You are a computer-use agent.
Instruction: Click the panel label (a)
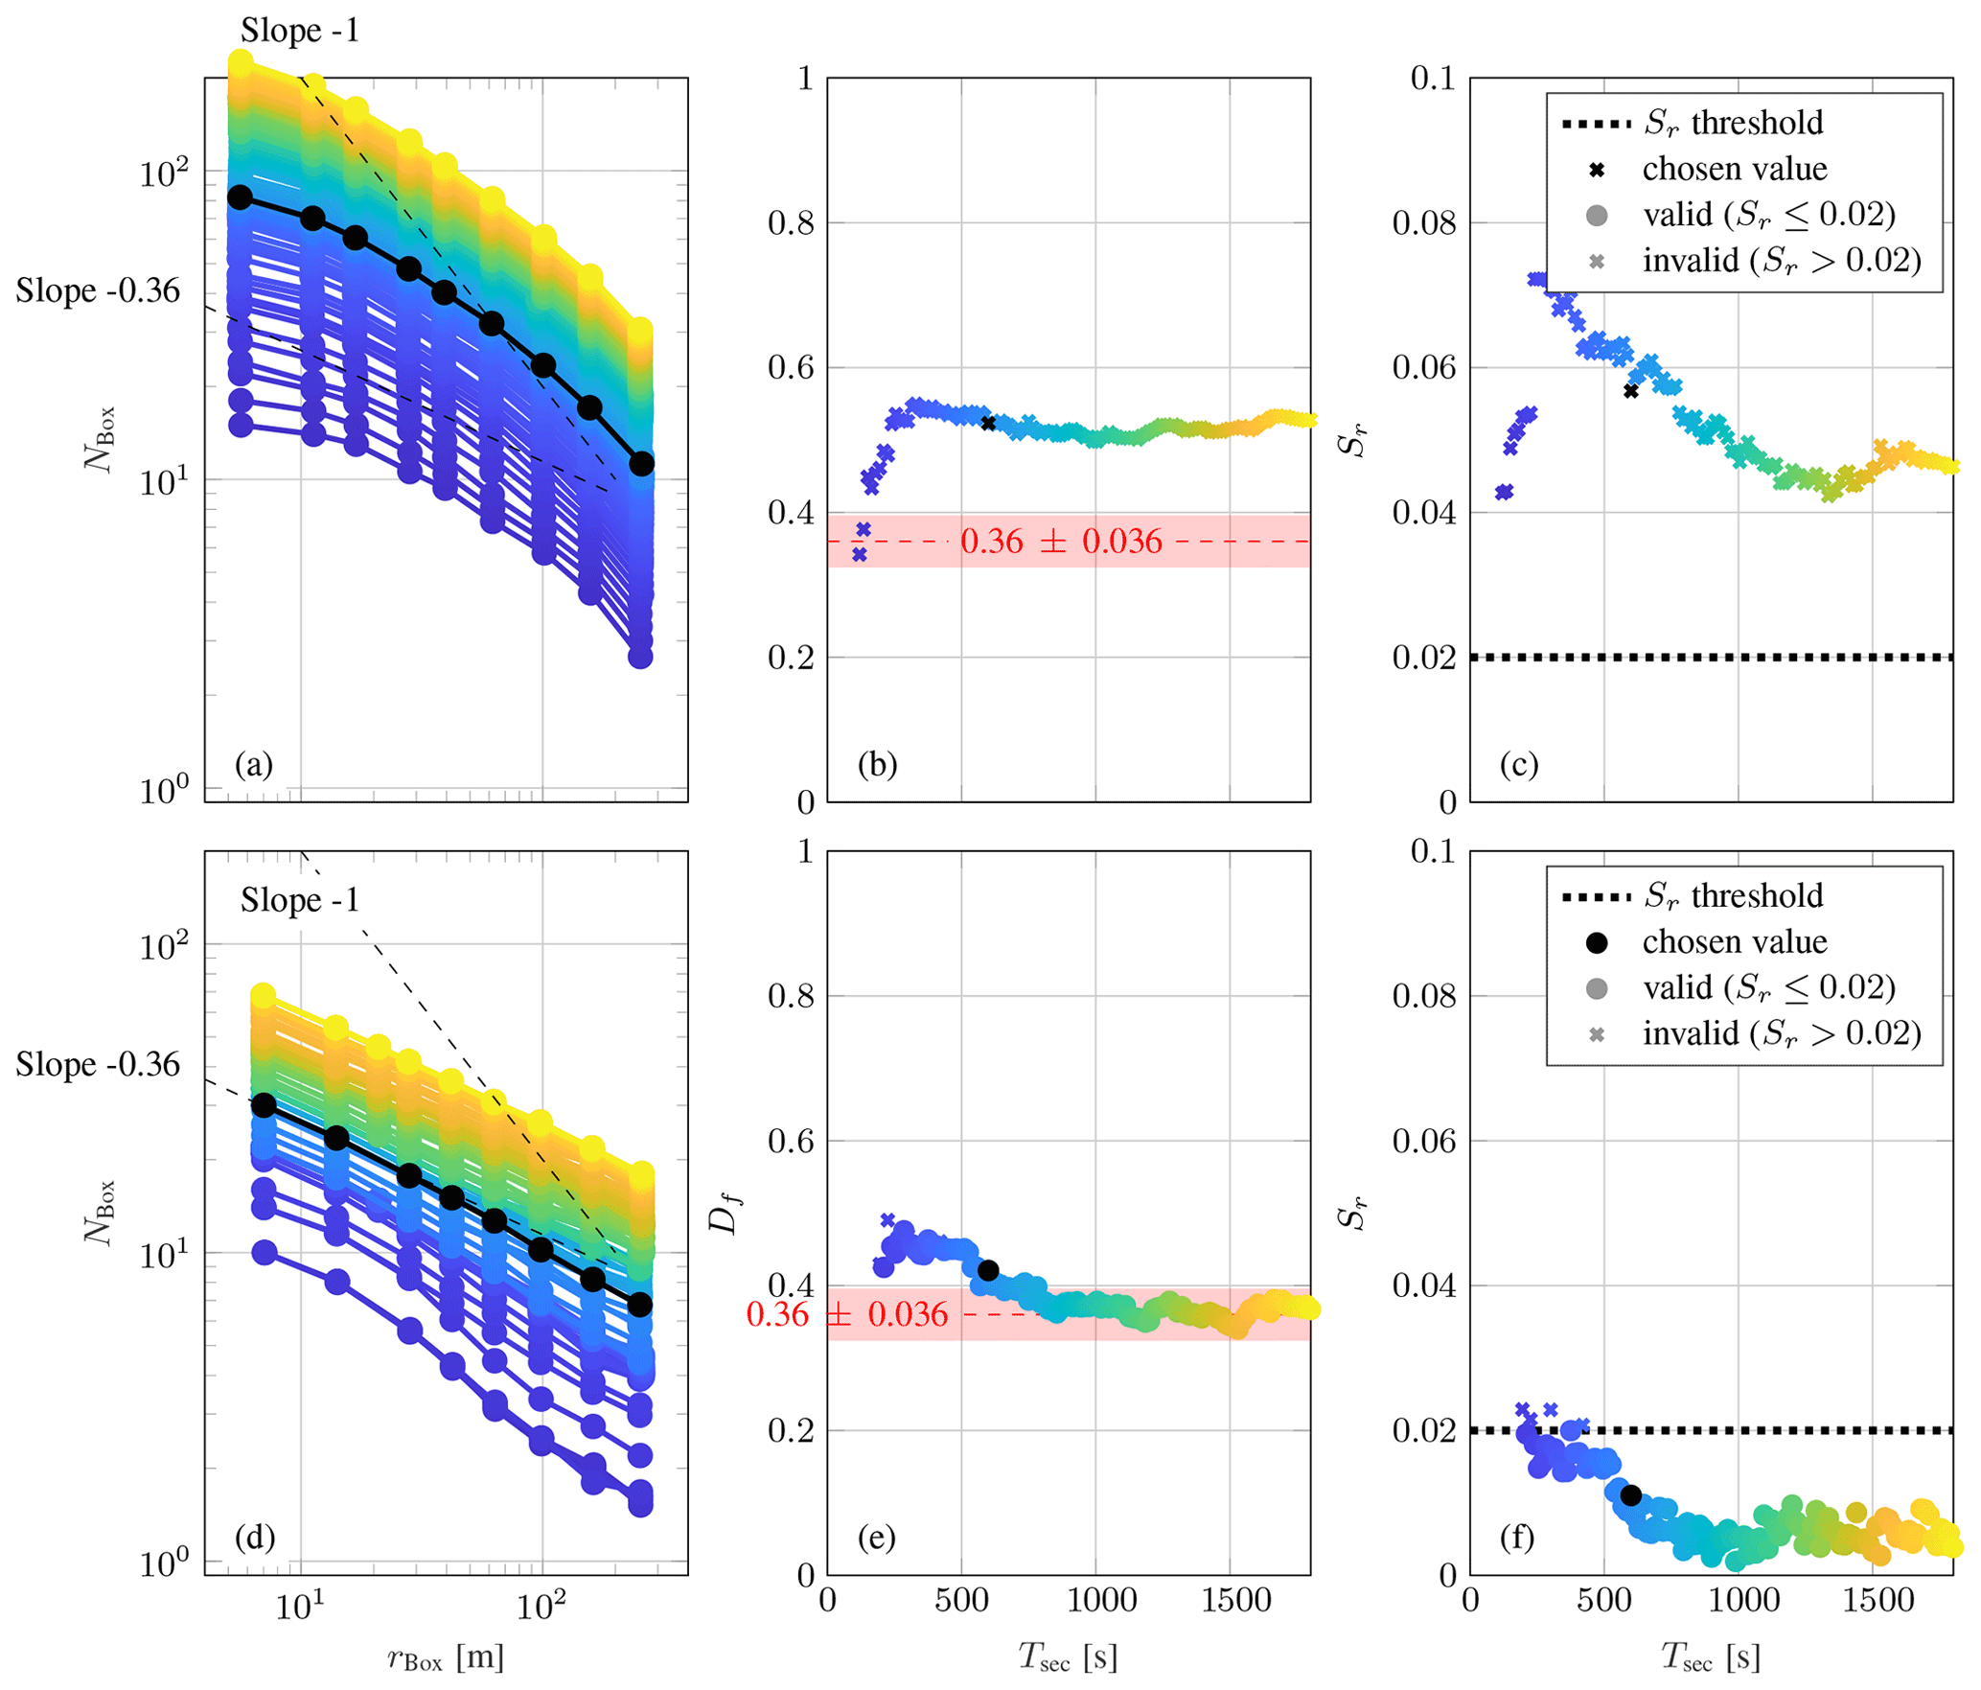[254, 764]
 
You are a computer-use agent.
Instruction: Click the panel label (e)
[877, 1537]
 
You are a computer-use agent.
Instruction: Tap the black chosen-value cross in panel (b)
[988, 423]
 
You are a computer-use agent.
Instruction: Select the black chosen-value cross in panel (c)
[1630, 391]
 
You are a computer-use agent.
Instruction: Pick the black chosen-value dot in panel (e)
[988, 1270]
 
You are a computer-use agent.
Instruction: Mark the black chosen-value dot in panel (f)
[1630, 1494]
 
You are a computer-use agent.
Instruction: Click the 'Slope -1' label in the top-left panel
[300, 31]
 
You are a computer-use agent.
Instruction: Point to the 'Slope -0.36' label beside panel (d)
[98, 1064]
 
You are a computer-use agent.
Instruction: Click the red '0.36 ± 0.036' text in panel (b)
[1060, 542]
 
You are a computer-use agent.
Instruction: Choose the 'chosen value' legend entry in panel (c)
[1734, 169]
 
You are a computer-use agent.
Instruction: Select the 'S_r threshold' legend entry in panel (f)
[1733, 895]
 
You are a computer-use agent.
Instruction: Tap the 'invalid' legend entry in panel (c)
[1781, 260]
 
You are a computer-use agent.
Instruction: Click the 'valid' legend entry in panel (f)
[1768, 987]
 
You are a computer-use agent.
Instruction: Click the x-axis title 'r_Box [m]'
[446, 1656]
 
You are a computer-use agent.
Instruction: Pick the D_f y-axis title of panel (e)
[726, 1215]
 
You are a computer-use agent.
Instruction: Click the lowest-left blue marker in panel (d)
[265, 1252]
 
